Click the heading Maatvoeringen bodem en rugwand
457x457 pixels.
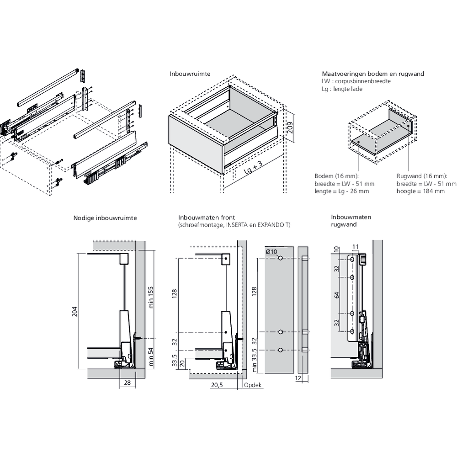tap(373, 74)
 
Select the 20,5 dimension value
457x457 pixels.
tap(217, 385)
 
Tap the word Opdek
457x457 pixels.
tap(253, 385)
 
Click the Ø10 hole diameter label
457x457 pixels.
tap(271, 252)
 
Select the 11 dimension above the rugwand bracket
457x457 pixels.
tap(356, 247)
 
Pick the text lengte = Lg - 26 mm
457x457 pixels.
tap(342, 191)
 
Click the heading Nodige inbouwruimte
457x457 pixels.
tap(105, 218)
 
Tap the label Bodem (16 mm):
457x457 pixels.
tap(337, 176)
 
